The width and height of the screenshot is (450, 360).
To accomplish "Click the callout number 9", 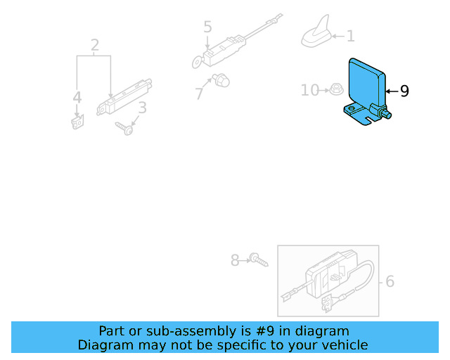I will click(x=404, y=91).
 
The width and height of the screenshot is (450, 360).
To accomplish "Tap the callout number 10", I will click(x=309, y=90).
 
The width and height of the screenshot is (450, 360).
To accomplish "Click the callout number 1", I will click(x=350, y=36).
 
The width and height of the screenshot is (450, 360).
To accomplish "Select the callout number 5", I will click(x=207, y=27).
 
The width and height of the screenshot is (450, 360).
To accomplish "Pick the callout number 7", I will click(x=199, y=92).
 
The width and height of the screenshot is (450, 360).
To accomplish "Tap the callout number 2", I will click(x=95, y=46).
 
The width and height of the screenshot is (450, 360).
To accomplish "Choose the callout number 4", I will click(x=77, y=98).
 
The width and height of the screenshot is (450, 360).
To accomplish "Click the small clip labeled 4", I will click(x=77, y=122).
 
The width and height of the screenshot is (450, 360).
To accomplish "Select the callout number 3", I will click(x=142, y=108).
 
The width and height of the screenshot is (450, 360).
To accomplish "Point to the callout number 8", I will click(x=235, y=261).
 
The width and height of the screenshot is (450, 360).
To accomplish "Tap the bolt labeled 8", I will click(x=257, y=261).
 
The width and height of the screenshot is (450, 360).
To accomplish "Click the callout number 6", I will click(x=389, y=282).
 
